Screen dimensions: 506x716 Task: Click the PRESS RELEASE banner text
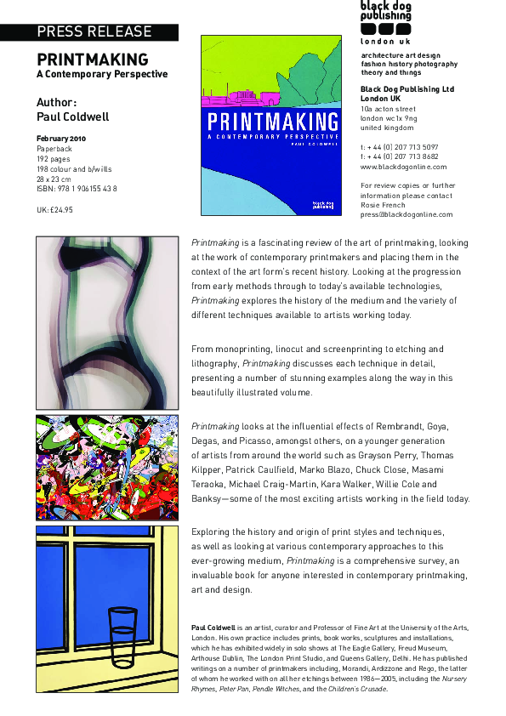94,32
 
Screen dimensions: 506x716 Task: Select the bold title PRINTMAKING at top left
92,60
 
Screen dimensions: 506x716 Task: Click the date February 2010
61,138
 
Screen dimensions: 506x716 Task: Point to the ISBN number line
77,188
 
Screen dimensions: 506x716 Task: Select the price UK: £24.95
55,209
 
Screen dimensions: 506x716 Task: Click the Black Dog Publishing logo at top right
385,22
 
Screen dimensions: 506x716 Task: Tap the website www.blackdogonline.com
398,168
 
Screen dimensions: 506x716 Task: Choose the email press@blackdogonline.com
404,214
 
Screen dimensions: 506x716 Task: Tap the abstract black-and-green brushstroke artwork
106,322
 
